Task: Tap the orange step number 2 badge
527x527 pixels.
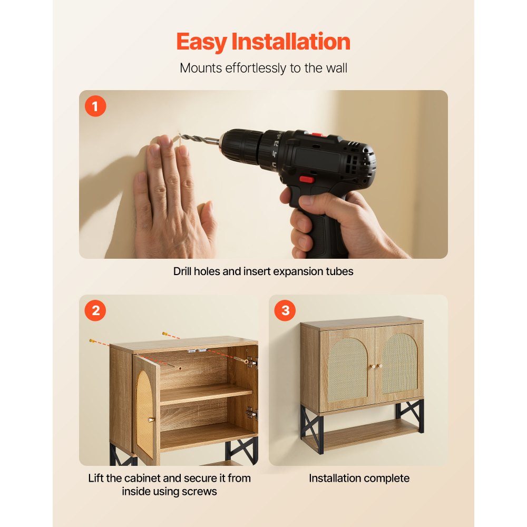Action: (x=95, y=311)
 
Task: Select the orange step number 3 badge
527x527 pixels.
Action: (x=285, y=311)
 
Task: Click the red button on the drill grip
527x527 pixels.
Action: (x=307, y=179)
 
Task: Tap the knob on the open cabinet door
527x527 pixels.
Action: (x=152, y=419)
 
